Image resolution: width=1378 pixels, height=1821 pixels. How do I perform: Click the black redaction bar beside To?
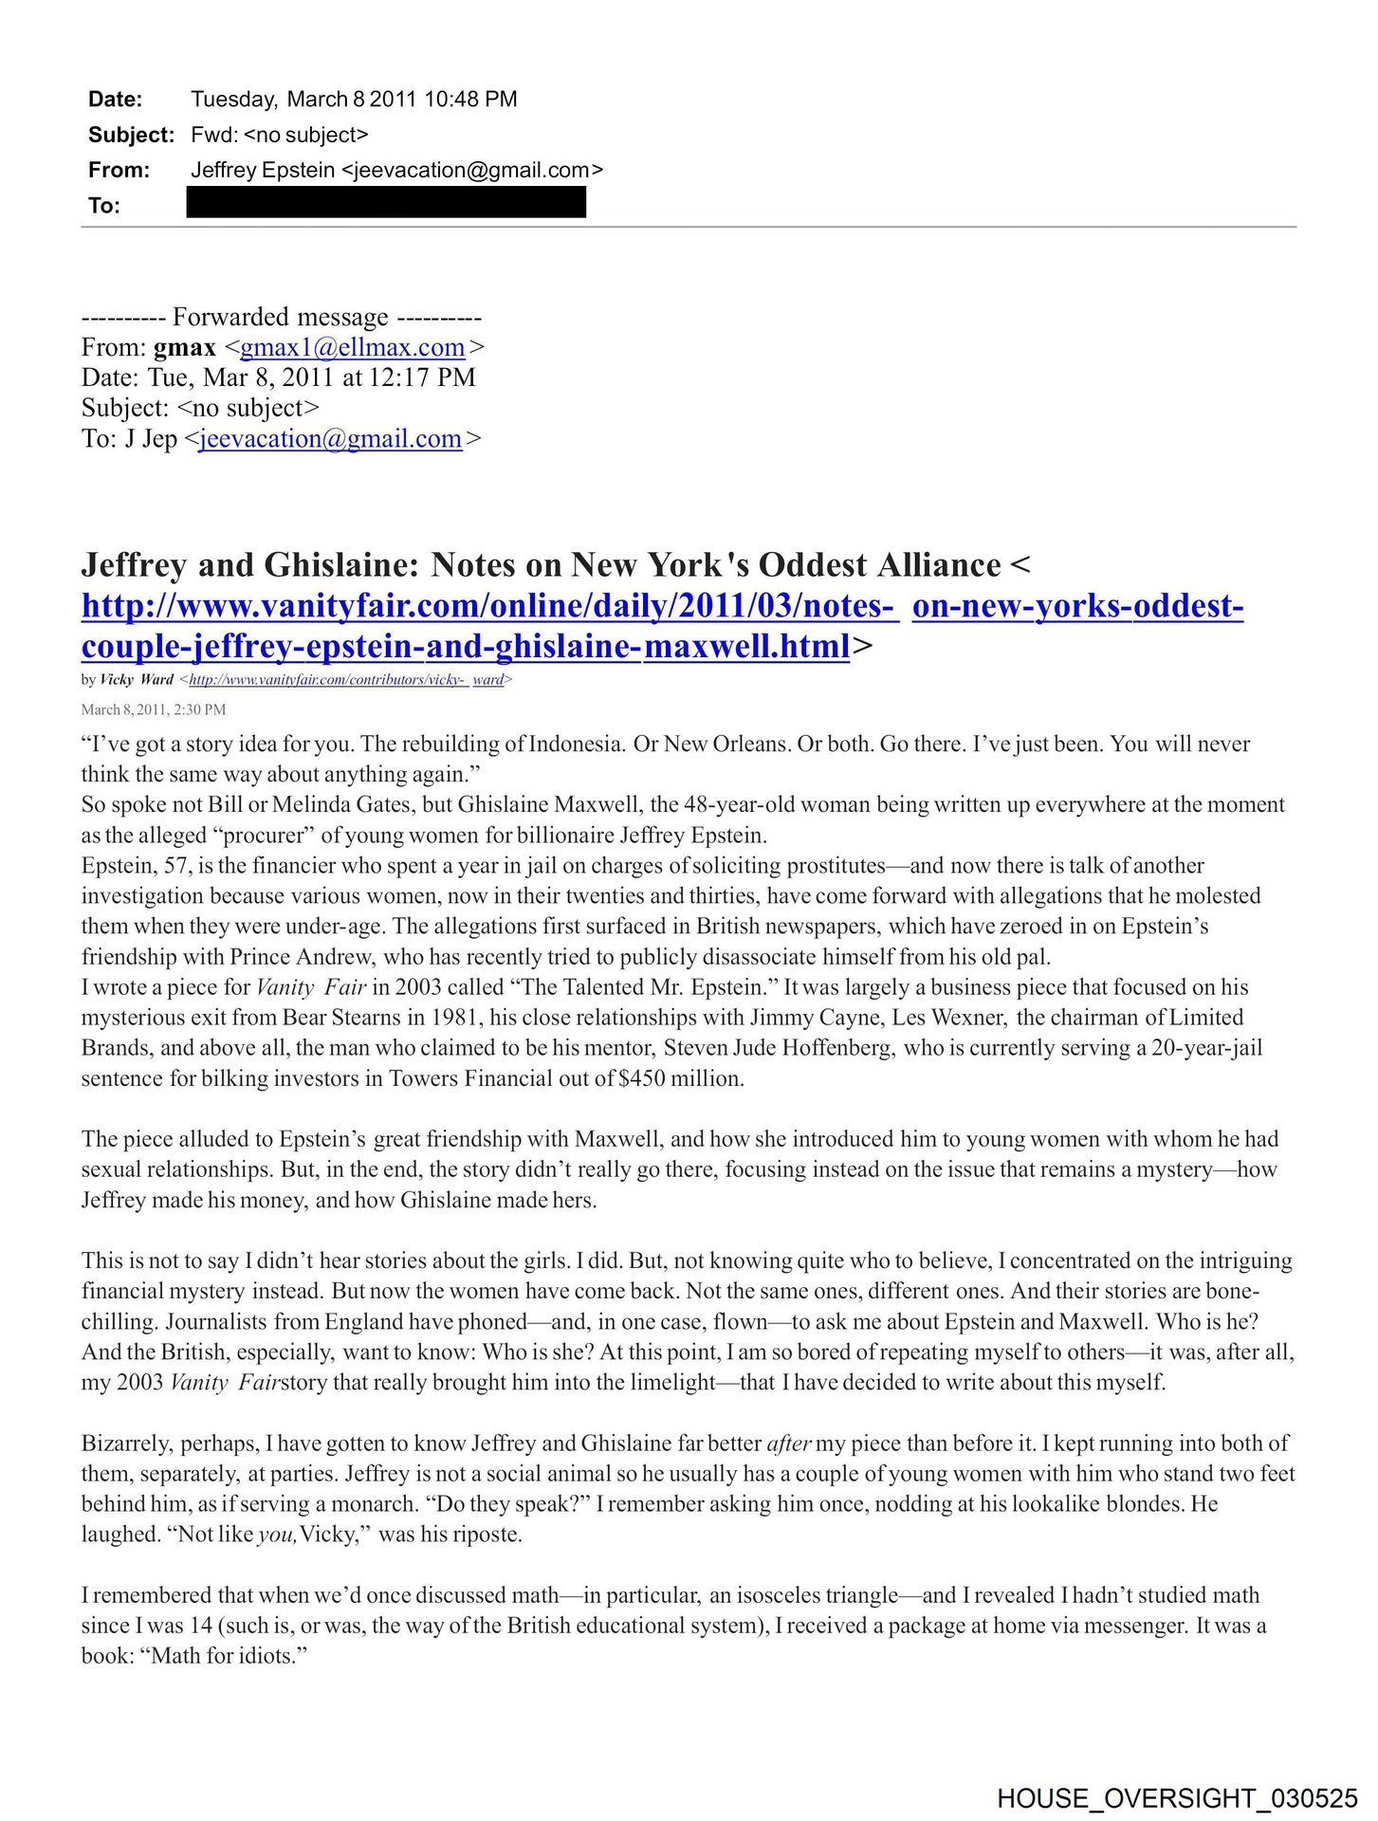(386, 203)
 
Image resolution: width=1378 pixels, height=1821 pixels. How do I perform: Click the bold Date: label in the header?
(115, 100)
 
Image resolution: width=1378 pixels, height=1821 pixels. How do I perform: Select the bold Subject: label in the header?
(131, 135)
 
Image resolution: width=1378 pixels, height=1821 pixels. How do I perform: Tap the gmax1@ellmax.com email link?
(352, 347)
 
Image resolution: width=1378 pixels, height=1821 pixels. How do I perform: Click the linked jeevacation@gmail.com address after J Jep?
(330, 438)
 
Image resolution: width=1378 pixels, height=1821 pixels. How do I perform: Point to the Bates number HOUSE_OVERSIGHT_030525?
(1177, 1798)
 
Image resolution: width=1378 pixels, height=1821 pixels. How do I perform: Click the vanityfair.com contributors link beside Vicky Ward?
(346, 679)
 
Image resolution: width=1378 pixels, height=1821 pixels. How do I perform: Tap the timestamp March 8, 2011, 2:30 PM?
(154, 709)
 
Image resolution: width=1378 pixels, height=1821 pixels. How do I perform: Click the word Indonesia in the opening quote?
(577, 744)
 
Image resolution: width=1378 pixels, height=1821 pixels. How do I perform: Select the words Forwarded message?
(280, 317)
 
